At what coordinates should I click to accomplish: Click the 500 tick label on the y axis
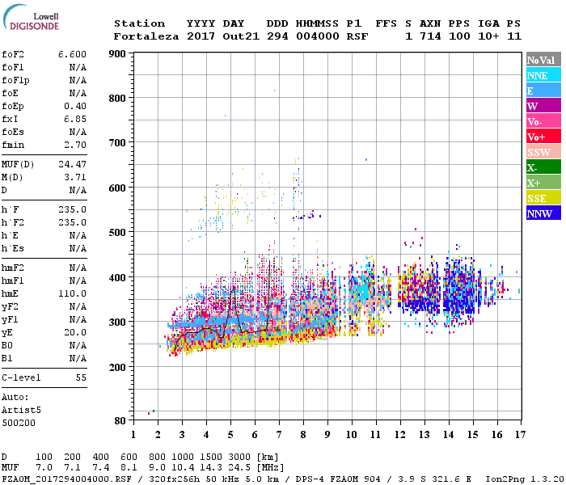coord(118,233)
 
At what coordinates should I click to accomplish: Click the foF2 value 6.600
coord(72,53)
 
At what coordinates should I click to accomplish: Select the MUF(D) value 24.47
coord(72,164)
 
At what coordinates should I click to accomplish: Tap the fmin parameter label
coord(15,145)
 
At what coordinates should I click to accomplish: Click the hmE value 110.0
coord(72,293)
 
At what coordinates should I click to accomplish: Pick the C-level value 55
coord(81,377)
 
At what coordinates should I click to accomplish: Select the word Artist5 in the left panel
coord(19,410)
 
